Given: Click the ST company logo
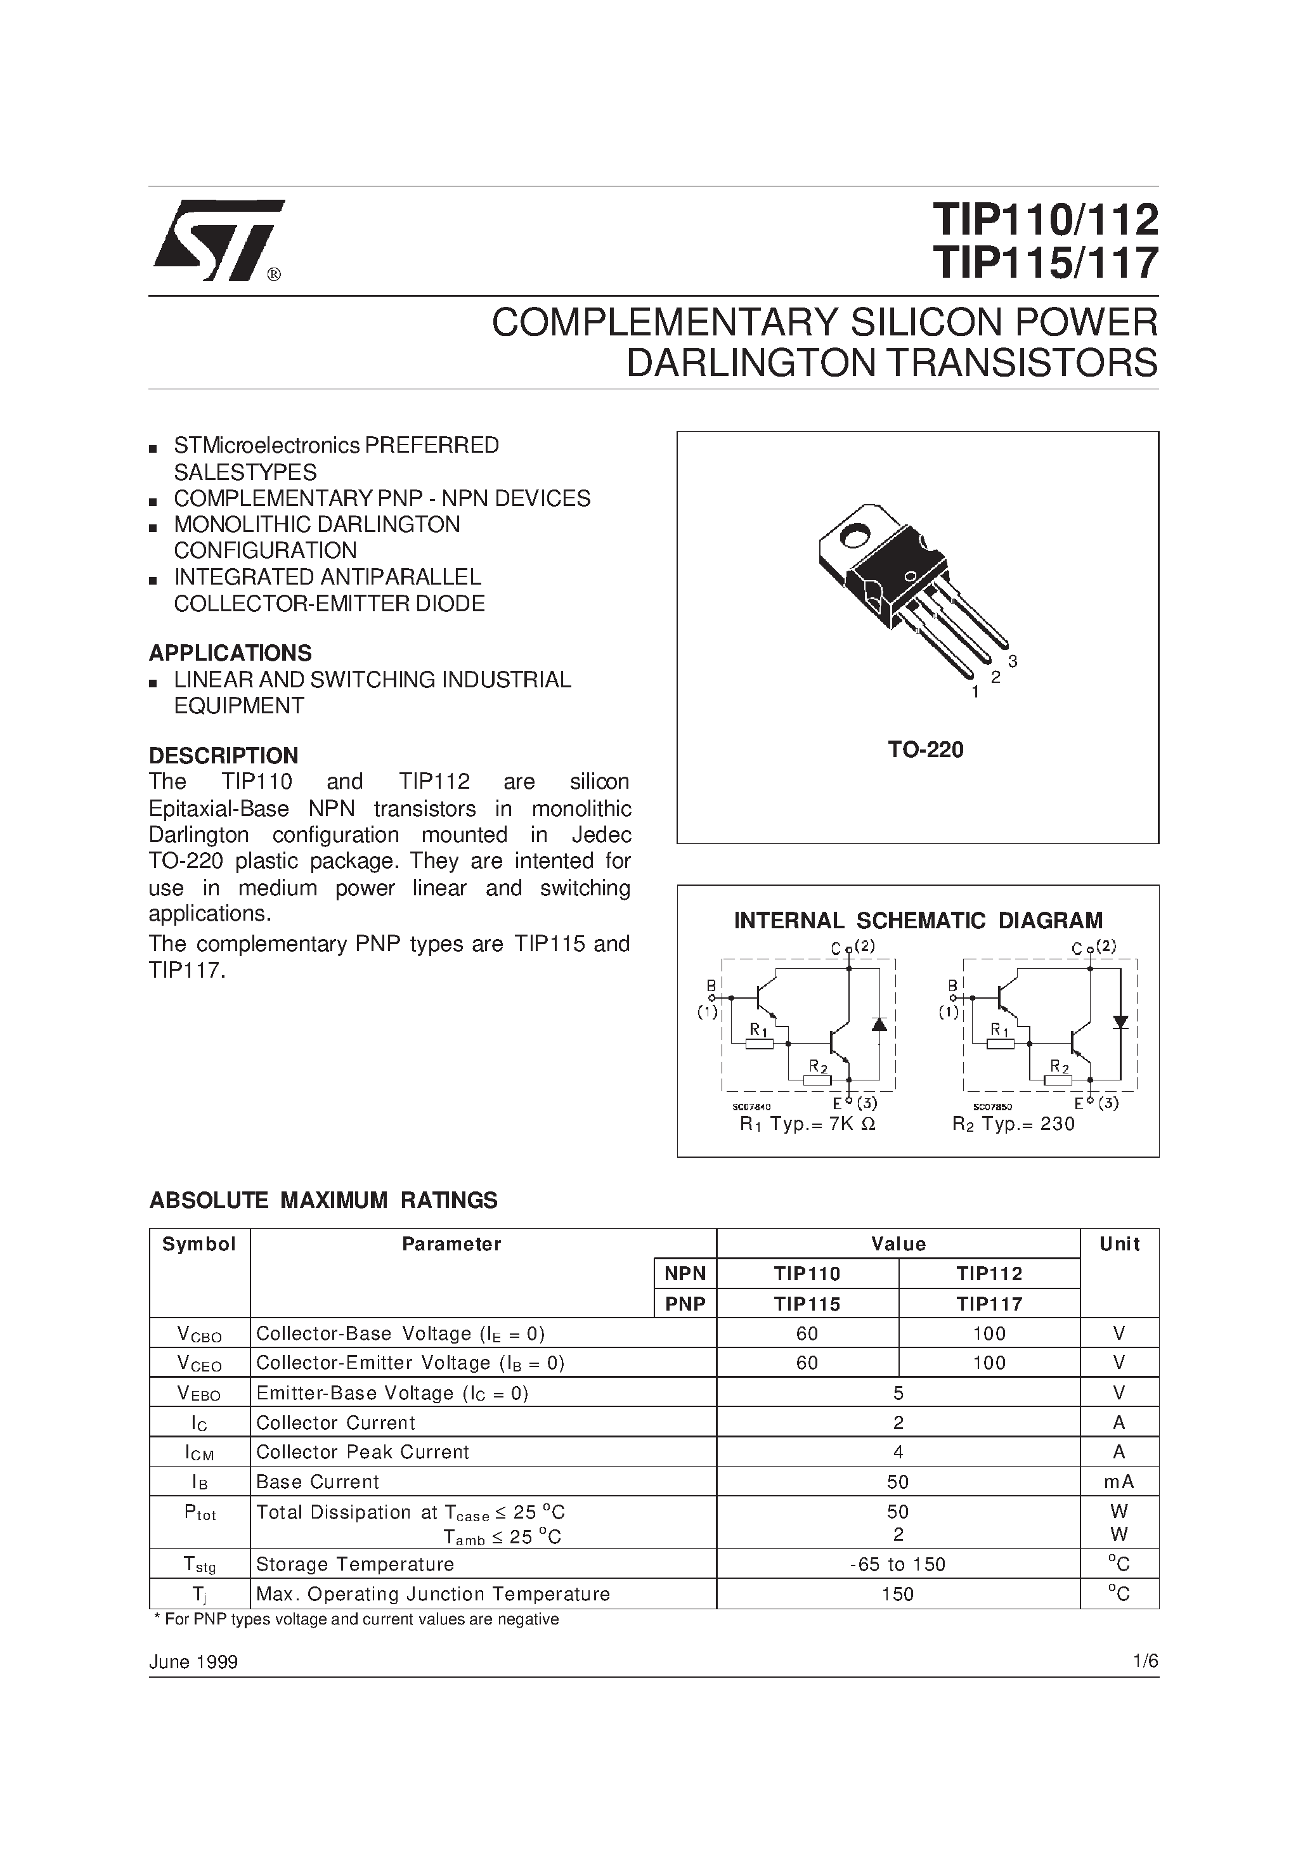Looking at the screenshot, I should point(217,240).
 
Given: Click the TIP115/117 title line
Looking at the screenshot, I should point(1045,263).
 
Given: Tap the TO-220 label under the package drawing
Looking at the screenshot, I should point(926,750).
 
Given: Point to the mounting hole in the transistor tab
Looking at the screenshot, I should point(853,534).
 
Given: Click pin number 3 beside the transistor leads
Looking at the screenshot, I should point(1013,661).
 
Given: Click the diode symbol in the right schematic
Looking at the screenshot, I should point(1119,1022).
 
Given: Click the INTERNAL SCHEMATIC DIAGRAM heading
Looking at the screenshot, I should point(918,921).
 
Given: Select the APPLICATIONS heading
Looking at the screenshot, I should point(230,652).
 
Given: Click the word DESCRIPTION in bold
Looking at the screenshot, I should point(224,755).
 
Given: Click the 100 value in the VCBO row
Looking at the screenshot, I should point(989,1334).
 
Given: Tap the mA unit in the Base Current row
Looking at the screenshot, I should point(1119,1482).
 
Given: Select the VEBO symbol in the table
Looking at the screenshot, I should point(198,1394).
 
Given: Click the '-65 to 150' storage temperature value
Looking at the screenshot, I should point(897,1564).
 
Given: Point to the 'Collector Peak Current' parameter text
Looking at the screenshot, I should point(362,1452).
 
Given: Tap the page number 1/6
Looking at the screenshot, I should point(1145,1661).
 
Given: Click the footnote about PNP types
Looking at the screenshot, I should point(355,1619).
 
